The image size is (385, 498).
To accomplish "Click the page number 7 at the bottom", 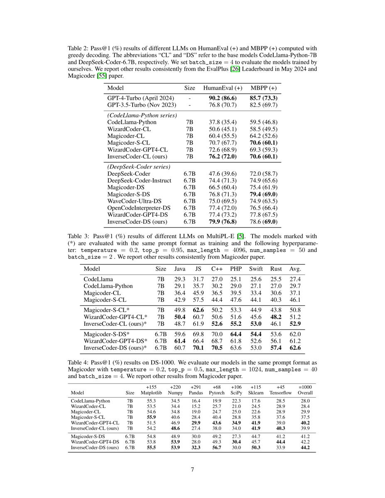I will [193, 469].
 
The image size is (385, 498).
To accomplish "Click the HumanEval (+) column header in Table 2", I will [223, 88].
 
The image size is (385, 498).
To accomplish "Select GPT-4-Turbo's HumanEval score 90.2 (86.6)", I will [223, 98].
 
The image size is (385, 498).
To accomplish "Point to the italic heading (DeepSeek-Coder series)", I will [139, 166].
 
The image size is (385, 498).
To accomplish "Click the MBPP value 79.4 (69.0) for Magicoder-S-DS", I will [263, 194].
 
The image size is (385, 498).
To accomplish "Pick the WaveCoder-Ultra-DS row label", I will [134, 201].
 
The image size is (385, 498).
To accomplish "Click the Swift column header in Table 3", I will [256, 269].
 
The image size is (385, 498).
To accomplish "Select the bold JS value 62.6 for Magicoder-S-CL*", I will [199, 310].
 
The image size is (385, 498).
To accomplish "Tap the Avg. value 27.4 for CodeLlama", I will [295, 279].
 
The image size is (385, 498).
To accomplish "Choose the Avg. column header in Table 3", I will [295, 269].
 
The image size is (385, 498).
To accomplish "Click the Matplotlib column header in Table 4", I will [151, 393].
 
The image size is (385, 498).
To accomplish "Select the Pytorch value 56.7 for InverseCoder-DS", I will [216, 448].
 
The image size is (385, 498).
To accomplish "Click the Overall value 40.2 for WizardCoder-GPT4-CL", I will [305, 422].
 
